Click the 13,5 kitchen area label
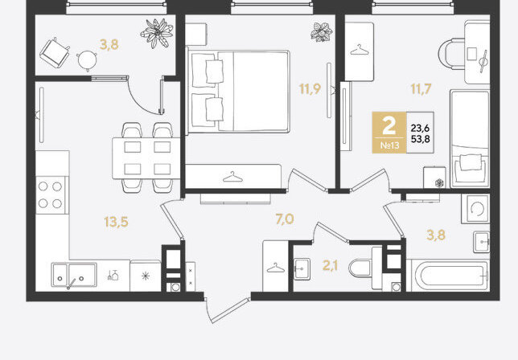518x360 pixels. (x=116, y=222)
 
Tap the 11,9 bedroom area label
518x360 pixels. (x=310, y=88)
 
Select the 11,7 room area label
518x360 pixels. (x=421, y=88)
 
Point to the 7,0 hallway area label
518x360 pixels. (x=285, y=219)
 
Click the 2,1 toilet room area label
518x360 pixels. (x=330, y=265)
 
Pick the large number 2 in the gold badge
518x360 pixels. (x=388, y=125)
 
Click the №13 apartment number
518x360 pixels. (x=390, y=145)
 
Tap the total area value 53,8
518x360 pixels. (x=420, y=139)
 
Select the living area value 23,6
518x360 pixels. (x=420, y=128)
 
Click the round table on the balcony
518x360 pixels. (x=87, y=59)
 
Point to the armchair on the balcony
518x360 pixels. (x=55, y=53)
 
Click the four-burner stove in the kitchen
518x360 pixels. (x=51, y=195)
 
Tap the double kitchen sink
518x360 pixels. (x=74, y=275)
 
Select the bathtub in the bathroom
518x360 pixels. (x=449, y=275)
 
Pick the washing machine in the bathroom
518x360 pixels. (x=475, y=209)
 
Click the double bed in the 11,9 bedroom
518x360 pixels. (x=239, y=91)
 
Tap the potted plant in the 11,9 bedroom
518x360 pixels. (x=321, y=32)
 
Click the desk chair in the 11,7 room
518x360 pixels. (x=451, y=54)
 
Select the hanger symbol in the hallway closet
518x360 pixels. (x=276, y=268)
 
